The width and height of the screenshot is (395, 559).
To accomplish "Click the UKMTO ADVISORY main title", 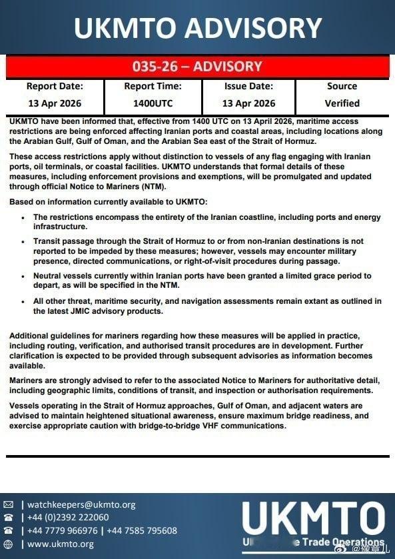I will [197, 28].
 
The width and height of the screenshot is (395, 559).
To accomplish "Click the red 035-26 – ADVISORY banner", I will [197, 67].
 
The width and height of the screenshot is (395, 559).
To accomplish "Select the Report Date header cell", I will [55, 87].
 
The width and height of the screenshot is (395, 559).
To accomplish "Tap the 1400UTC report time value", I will [153, 103].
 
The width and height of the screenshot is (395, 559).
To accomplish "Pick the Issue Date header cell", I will [248, 87].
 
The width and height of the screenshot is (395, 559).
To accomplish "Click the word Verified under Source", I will [342, 103].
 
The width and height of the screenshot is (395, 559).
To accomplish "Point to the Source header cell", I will [342, 87].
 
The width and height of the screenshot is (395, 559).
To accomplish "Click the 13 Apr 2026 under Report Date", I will [55, 103].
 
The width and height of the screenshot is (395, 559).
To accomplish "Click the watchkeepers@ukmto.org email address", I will [81, 505].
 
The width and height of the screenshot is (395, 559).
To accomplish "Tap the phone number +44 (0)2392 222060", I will [68, 518].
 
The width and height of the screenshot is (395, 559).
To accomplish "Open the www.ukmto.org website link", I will [61, 544].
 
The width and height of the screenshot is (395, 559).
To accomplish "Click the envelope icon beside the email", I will [8, 505].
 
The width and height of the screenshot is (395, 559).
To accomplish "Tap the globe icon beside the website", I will [8, 544].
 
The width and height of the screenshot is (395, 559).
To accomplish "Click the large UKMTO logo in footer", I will [313, 519].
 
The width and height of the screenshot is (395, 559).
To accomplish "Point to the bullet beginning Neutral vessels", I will [24, 275].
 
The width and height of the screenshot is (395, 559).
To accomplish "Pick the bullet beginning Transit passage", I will [24, 242].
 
